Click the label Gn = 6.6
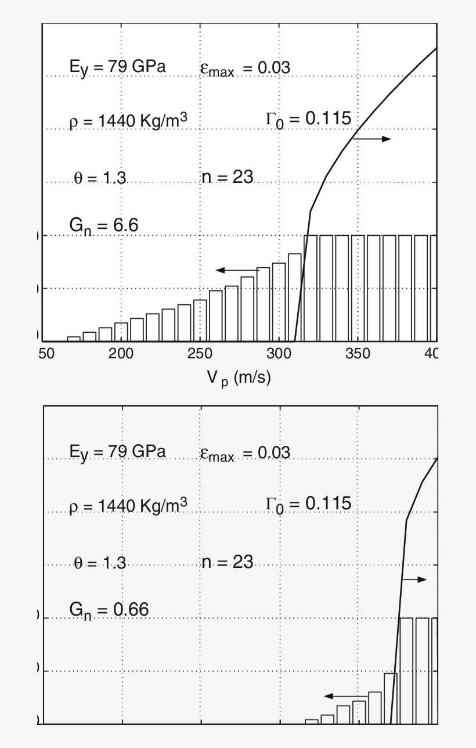coord(103,225)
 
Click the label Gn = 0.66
coord(109,609)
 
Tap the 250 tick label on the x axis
coord(200,354)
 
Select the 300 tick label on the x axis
coord(279,354)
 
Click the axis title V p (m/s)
coord(239,377)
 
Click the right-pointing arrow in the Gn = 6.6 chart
coord(372,139)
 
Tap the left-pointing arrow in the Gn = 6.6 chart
coord(237,270)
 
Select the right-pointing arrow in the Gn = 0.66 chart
coord(414,580)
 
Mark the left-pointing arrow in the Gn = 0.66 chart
coord(345,696)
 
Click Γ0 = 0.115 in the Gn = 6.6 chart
coord(308,119)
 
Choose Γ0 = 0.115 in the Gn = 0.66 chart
coord(308,504)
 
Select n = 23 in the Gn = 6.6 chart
coord(227,177)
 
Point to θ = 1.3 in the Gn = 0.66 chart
coord(100,563)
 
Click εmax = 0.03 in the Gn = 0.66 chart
coord(244,453)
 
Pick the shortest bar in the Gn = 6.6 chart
coord(74,339)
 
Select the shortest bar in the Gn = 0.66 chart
coord(312,721)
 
